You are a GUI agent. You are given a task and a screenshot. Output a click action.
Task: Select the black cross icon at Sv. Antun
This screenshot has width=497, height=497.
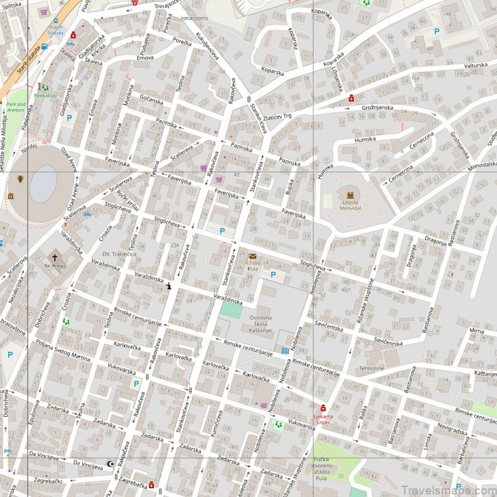pos(55,257)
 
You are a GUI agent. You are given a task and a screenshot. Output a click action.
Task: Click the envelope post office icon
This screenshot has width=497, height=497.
pos(253,256)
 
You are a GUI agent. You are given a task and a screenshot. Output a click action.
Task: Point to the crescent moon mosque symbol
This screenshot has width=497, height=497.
pos(112,464)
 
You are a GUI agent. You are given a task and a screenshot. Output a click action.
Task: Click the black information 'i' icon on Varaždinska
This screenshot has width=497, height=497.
pos(168,286)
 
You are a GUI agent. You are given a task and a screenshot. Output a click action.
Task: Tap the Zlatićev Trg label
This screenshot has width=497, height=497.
pos(278,116)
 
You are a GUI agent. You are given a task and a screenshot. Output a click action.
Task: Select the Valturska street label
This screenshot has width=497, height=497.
pos(476,65)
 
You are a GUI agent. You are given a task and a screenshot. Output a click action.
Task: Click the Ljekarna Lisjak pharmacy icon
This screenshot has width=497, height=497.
pos(323,408)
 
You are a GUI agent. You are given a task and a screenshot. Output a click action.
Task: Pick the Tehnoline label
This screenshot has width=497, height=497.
pos(371,368)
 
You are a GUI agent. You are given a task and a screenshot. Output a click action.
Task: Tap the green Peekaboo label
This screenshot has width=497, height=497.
pos(45,96)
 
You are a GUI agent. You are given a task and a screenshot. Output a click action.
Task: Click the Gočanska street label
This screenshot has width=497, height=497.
pos(151,100)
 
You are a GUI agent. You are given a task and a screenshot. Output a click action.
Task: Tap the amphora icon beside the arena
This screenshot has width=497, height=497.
pos(20,179)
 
